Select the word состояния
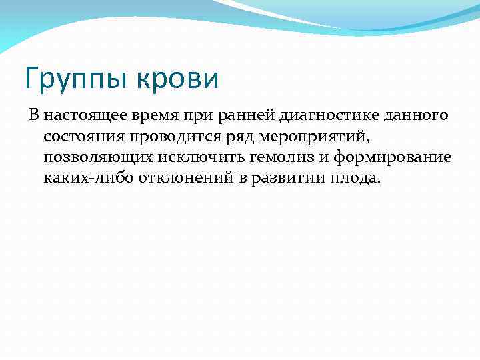[x=82, y=137]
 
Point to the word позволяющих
[x=94, y=158]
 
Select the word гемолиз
[x=269, y=158]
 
